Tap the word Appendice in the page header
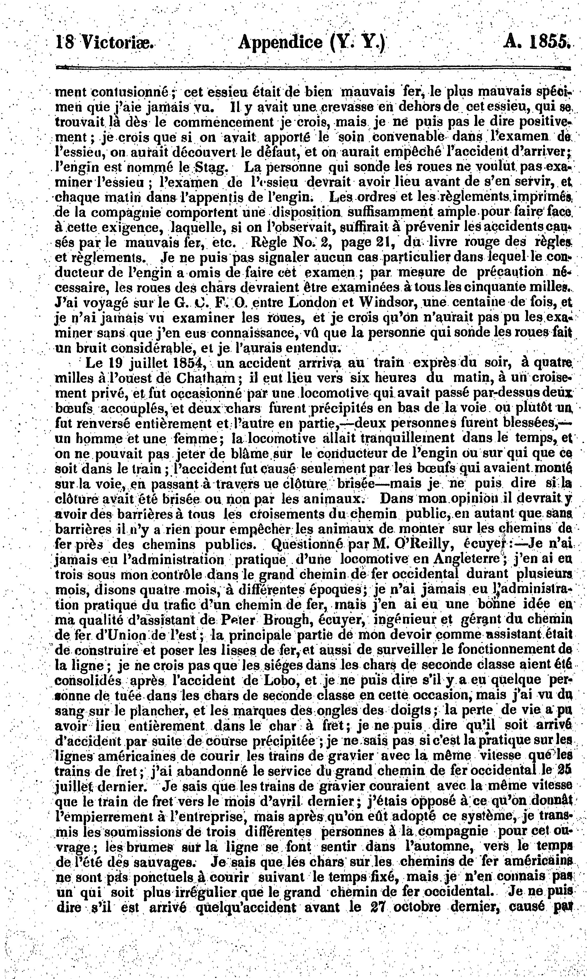(x=280, y=41)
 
